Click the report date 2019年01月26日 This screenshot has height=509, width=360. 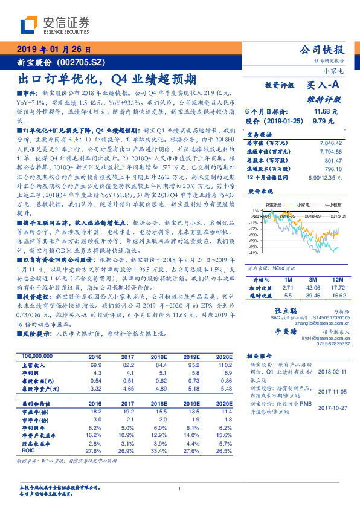click(53, 50)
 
